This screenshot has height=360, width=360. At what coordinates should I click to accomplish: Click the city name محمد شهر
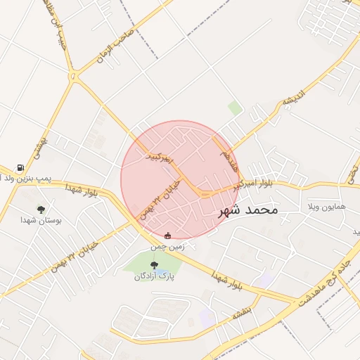(x=245, y=210)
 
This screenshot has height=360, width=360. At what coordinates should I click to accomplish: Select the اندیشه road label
(x=293, y=99)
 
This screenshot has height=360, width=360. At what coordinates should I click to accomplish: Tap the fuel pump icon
(x=20, y=168)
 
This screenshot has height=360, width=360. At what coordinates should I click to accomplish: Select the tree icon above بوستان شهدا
(x=41, y=209)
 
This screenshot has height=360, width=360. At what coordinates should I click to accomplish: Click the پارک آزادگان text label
(x=154, y=276)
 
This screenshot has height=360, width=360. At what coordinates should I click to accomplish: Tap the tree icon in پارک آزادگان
(x=154, y=264)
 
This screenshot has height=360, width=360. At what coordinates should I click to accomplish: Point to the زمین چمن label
(x=167, y=246)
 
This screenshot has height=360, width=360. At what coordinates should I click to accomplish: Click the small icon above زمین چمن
(x=167, y=236)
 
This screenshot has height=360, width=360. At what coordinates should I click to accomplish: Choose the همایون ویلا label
(x=323, y=208)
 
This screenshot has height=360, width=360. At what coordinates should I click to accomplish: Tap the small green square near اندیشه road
(x=235, y=108)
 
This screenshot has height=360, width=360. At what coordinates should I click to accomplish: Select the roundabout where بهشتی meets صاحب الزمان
(x=73, y=77)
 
